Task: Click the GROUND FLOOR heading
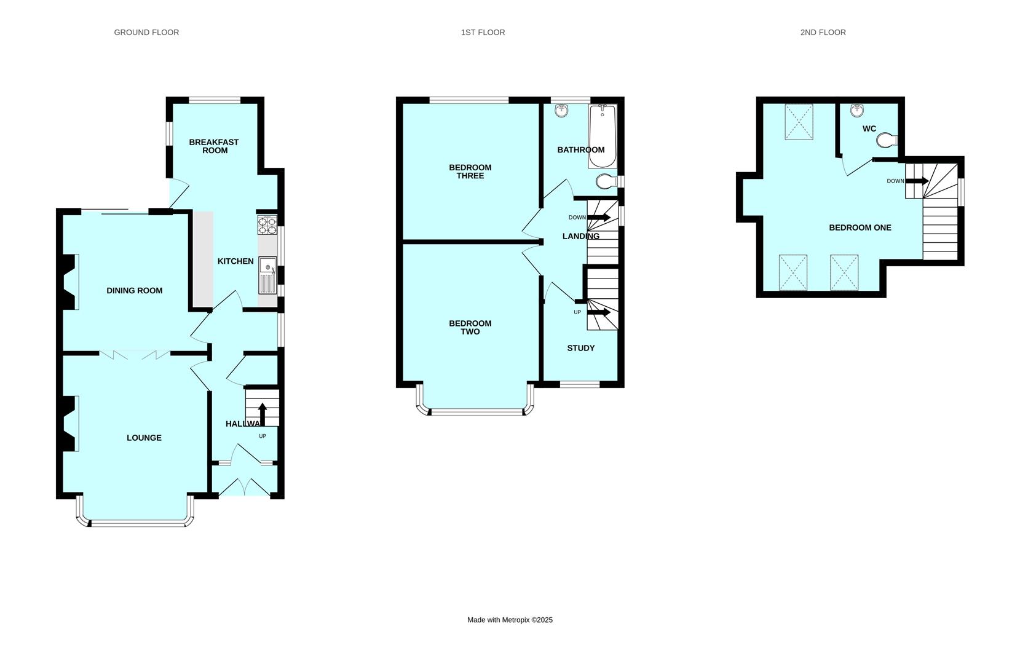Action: tap(146, 33)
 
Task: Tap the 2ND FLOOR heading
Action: tap(823, 33)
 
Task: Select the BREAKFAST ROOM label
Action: tap(214, 146)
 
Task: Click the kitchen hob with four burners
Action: tap(267, 226)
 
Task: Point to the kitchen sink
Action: tap(267, 275)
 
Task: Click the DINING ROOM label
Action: tap(134, 291)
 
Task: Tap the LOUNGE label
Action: tap(144, 438)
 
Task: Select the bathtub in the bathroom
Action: tap(603, 136)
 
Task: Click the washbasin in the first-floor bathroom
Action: tap(561, 111)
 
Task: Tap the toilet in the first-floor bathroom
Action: tap(607, 181)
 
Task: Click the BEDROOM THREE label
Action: tap(470, 172)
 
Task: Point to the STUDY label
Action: tap(580, 349)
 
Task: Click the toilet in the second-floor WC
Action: tap(887, 140)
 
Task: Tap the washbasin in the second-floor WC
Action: tap(857, 110)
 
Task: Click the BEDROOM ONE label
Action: tap(860, 227)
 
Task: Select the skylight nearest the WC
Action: tap(799, 122)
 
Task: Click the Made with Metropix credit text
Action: tap(510, 620)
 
